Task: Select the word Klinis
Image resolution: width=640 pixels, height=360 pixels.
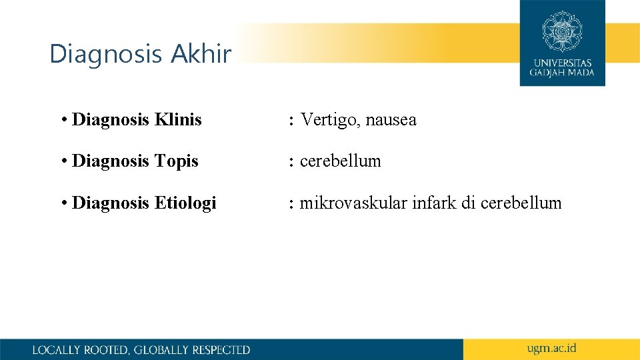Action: (178, 120)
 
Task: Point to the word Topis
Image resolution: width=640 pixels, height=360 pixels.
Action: (177, 161)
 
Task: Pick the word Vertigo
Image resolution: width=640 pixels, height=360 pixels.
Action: (329, 121)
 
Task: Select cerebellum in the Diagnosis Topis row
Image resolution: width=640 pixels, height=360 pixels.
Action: (341, 161)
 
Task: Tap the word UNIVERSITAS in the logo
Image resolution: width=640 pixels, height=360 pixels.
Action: (563, 63)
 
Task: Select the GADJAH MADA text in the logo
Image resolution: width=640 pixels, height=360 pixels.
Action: (563, 73)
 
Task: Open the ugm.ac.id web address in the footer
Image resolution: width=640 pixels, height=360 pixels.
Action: (551, 349)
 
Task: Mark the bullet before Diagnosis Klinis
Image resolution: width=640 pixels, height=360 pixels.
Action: (63, 121)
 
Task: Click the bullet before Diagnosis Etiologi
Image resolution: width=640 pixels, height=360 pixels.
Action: (63, 203)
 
